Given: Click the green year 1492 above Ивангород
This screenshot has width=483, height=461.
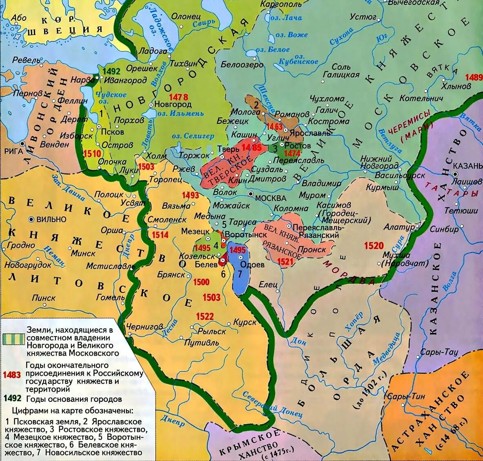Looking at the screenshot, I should (113, 70).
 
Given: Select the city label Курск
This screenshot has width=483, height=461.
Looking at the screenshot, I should (245, 322).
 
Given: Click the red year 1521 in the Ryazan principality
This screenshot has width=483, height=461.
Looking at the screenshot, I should (285, 261).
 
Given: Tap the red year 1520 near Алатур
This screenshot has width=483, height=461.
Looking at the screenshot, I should (374, 245).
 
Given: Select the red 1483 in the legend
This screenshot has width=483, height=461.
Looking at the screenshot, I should (11, 375).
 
